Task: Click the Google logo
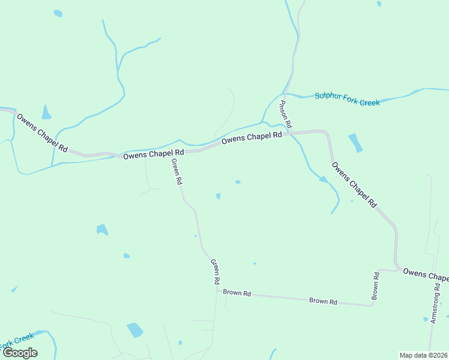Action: [19, 353]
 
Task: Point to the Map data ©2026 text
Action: [423, 355]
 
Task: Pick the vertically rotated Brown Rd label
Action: [376, 286]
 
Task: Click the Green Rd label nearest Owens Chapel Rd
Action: [176, 172]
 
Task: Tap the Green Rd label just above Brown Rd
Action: [215, 271]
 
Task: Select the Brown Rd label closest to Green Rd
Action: [237, 293]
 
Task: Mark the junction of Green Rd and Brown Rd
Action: [217, 290]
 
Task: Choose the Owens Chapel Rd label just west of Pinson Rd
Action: [252, 138]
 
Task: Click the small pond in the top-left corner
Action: [58, 13]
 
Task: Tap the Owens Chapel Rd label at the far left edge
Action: [42, 132]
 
